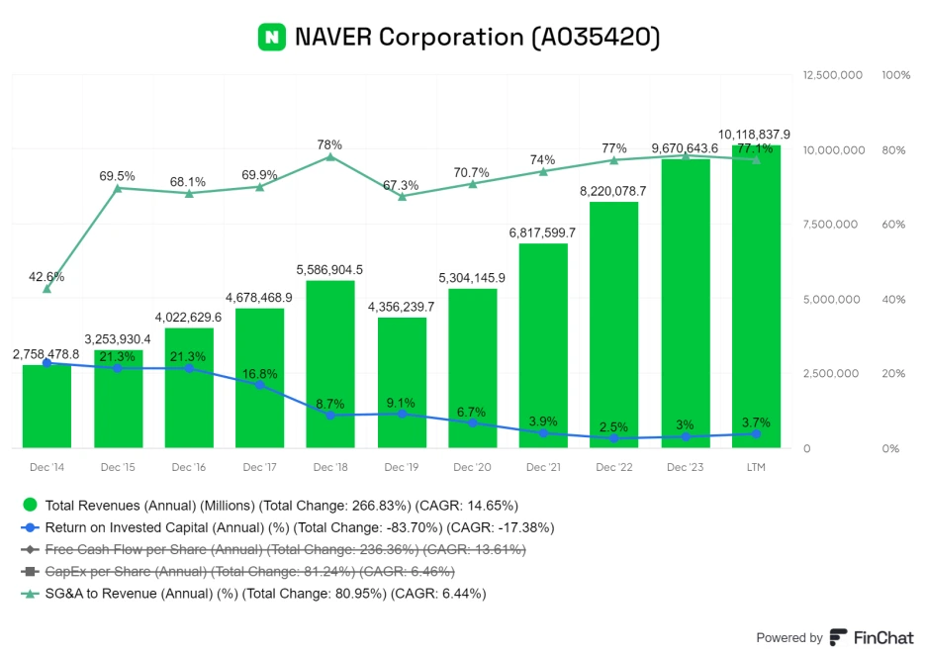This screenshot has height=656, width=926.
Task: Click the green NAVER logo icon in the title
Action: tap(272, 38)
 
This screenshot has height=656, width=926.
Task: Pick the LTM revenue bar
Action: tap(756, 297)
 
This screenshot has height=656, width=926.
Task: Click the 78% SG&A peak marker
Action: tap(330, 156)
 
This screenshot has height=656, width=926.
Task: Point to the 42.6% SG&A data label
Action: tap(46, 277)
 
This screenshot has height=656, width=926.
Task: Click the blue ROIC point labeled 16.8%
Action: tap(260, 385)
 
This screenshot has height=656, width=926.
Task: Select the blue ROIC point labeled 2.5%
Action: tap(614, 437)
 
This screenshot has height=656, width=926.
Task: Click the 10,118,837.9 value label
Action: tap(755, 134)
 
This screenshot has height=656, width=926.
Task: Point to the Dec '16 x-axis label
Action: tap(189, 466)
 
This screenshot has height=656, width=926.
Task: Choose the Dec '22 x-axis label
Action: tap(614, 466)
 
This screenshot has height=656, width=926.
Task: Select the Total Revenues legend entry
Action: tap(267, 506)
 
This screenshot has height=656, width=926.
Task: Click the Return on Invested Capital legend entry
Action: tap(287, 527)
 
